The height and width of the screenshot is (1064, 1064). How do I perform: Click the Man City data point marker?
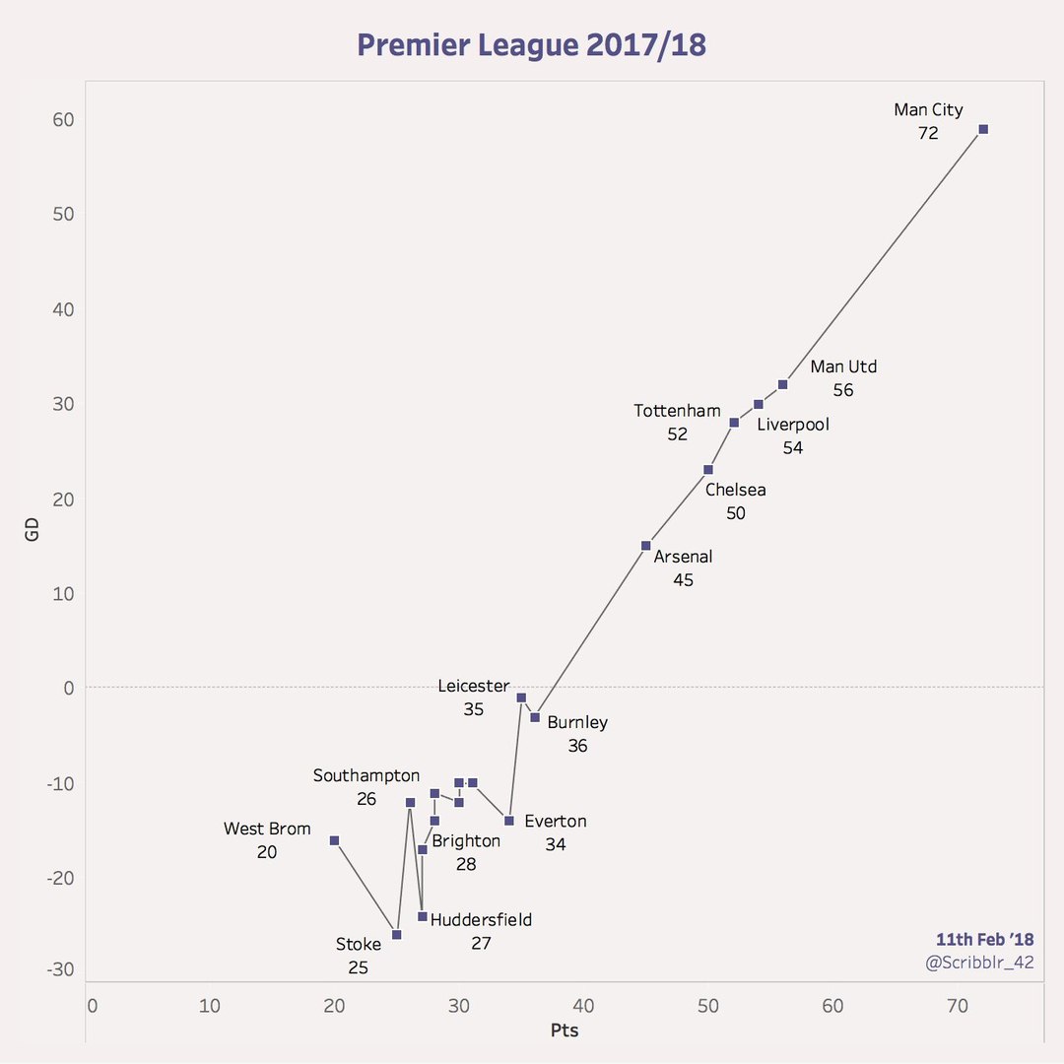click(x=982, y=129)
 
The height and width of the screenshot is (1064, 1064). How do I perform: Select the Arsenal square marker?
click(x=645, y=545)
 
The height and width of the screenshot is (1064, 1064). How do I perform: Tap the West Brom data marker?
click(x=334, y=840)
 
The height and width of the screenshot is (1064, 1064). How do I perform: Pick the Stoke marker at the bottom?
click(x=396, y=934)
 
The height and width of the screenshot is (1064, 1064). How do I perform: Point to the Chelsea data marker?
click(x=707, y=469)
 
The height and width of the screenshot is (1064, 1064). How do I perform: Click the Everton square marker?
click(x=508, y=821)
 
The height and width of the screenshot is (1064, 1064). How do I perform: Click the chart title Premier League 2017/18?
click(x=531, y=45)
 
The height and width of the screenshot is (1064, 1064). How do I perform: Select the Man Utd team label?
click(x=843, y=366)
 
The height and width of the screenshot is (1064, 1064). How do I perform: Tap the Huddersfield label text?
click(x=481, y=920)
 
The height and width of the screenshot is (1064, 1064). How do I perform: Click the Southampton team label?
click(x=366, y=775)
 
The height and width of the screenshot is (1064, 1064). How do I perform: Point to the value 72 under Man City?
click(x=928, y=133)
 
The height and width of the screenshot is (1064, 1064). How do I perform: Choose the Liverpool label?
click(x=793, y=425)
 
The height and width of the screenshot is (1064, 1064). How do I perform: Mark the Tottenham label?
click(x=677, y=411)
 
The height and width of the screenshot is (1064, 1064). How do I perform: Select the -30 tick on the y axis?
click(x=62, y=969)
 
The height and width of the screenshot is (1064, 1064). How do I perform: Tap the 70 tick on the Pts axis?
click(x=957, y=1006)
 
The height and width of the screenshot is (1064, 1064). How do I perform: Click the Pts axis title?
click(x=564, y=1031)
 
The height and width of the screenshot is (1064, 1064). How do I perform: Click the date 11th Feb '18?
click(x=984, y=939)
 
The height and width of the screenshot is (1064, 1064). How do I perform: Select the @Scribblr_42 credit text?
click(x=979, y=963)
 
